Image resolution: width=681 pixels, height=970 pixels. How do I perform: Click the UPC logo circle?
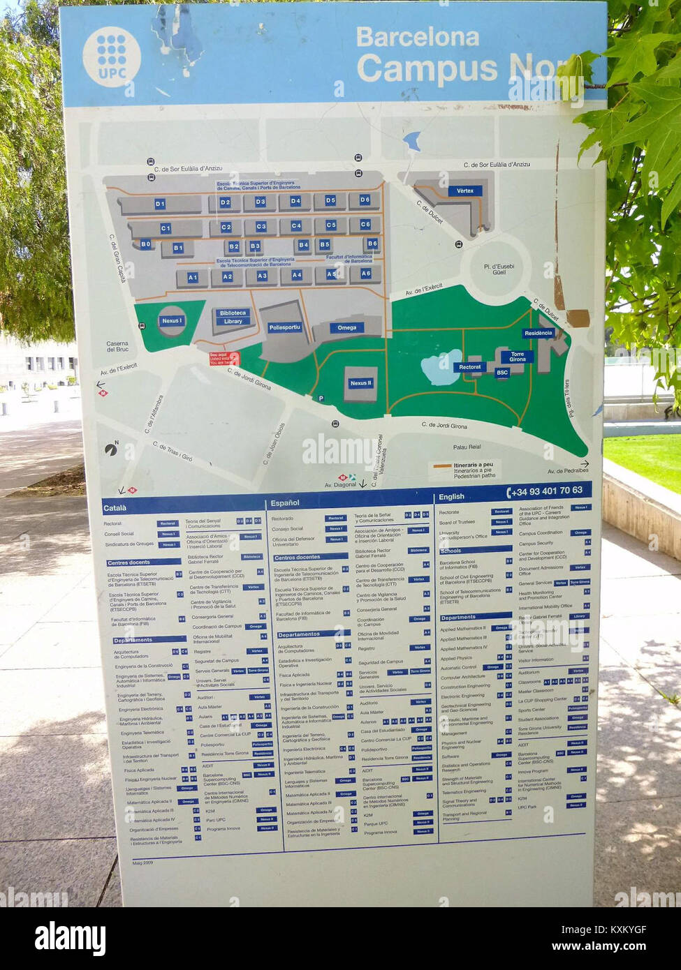coord(112,57)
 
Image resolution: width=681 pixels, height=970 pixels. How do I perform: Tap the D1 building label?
coord(160,204)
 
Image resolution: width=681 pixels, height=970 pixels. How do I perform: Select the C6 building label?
coord(365,225)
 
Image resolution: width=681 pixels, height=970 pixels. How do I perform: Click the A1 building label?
coord(193,278)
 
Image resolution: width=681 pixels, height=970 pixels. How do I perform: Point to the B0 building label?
coord(145,244)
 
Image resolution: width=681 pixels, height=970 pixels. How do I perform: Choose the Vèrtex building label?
coord(464,191)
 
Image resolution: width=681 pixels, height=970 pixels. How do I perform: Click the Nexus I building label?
coord(171,321)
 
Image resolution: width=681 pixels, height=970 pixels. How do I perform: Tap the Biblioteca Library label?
coord(233,318)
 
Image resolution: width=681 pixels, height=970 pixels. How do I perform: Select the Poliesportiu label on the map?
coord(284,327)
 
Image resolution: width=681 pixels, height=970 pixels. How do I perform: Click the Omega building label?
coord(346,327)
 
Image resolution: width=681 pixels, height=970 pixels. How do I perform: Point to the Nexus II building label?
coord(361,383)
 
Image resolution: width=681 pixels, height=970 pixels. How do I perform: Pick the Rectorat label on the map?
coord(469,366)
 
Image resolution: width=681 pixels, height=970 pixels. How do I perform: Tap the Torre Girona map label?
coord(517,357)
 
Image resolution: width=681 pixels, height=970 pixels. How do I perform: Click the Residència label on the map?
coord(538,333)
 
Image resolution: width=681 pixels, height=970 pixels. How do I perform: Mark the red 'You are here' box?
coord(224,359)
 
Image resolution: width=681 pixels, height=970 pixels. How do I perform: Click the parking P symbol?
coord(321,398)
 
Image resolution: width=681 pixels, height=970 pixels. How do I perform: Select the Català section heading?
coord(115,509)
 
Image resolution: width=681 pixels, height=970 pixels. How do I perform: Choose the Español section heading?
coord(285,502)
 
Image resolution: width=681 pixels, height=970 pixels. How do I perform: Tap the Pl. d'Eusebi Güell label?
coord(499,269)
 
